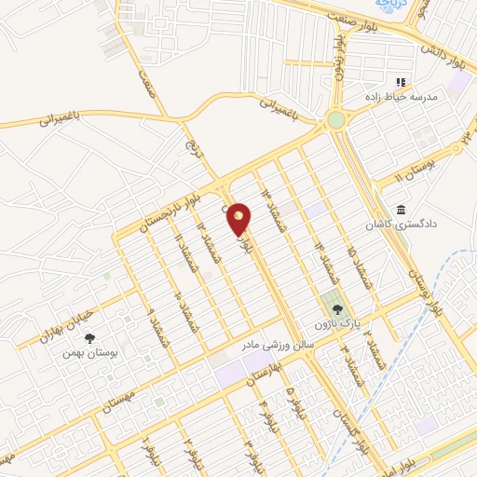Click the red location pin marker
pos(238,219)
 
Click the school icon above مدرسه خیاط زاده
pos(402,82)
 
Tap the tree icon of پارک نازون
pos(336,308)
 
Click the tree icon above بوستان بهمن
pos(88,338)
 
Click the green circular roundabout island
pos(335,119)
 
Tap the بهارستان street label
pos(260,379)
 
